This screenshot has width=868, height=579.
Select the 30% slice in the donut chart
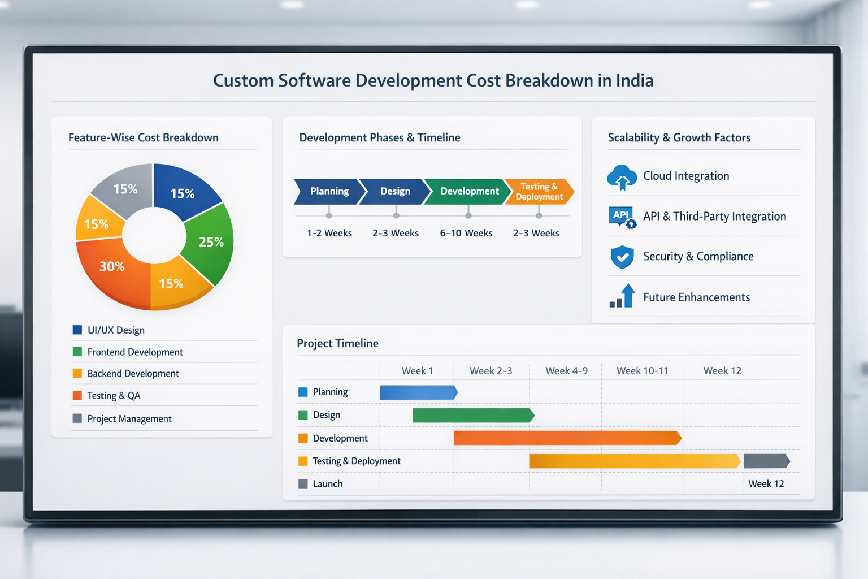point(112,267)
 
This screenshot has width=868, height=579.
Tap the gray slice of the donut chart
point(125,190)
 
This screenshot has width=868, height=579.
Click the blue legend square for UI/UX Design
point(77,330)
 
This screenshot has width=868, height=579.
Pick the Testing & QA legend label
point(114,396)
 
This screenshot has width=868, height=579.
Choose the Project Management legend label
point(129,419)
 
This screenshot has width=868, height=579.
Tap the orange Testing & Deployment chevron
point(539,192)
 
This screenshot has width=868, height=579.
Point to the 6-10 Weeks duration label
point(466,233)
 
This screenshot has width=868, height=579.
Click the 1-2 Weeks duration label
point(329,233)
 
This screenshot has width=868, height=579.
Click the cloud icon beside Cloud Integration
point(622,177)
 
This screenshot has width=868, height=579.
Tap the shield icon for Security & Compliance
point(622,257)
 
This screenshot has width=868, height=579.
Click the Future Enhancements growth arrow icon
point(623,296)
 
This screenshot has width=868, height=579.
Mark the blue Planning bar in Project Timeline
point(418,392)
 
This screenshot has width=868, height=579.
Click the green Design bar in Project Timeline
point(473,416)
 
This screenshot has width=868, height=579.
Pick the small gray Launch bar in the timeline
point(766,461)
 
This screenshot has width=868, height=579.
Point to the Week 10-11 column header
point(642,371)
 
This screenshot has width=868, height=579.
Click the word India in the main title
point(634,81)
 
